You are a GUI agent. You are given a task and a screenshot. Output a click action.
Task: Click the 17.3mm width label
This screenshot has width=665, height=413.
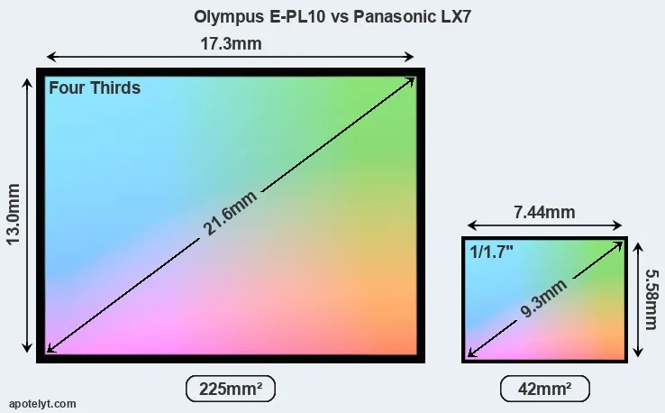230,43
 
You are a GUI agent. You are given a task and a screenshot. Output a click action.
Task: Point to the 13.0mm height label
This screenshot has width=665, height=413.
14,214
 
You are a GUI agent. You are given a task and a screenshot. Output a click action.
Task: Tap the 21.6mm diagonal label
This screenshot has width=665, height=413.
231,214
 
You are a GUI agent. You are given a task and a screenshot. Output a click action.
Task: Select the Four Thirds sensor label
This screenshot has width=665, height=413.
94,88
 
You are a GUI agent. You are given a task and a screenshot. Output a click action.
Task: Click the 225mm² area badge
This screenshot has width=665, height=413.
230,389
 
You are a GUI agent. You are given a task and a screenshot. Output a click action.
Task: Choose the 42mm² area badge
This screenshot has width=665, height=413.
545,389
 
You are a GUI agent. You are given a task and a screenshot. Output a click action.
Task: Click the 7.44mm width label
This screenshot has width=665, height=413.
544,213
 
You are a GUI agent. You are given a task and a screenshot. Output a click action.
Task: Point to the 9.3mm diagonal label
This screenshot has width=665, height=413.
544,299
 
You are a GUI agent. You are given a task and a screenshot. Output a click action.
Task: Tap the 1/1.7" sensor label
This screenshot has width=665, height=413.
493,252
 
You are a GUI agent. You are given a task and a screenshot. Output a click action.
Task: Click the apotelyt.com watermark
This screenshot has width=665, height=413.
42,404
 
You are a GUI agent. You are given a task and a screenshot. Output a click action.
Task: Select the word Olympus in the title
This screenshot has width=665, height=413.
223,16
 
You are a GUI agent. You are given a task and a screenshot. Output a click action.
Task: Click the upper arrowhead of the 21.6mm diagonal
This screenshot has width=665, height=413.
412,80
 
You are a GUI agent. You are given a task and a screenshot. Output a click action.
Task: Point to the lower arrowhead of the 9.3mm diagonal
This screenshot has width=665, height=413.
470,354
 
